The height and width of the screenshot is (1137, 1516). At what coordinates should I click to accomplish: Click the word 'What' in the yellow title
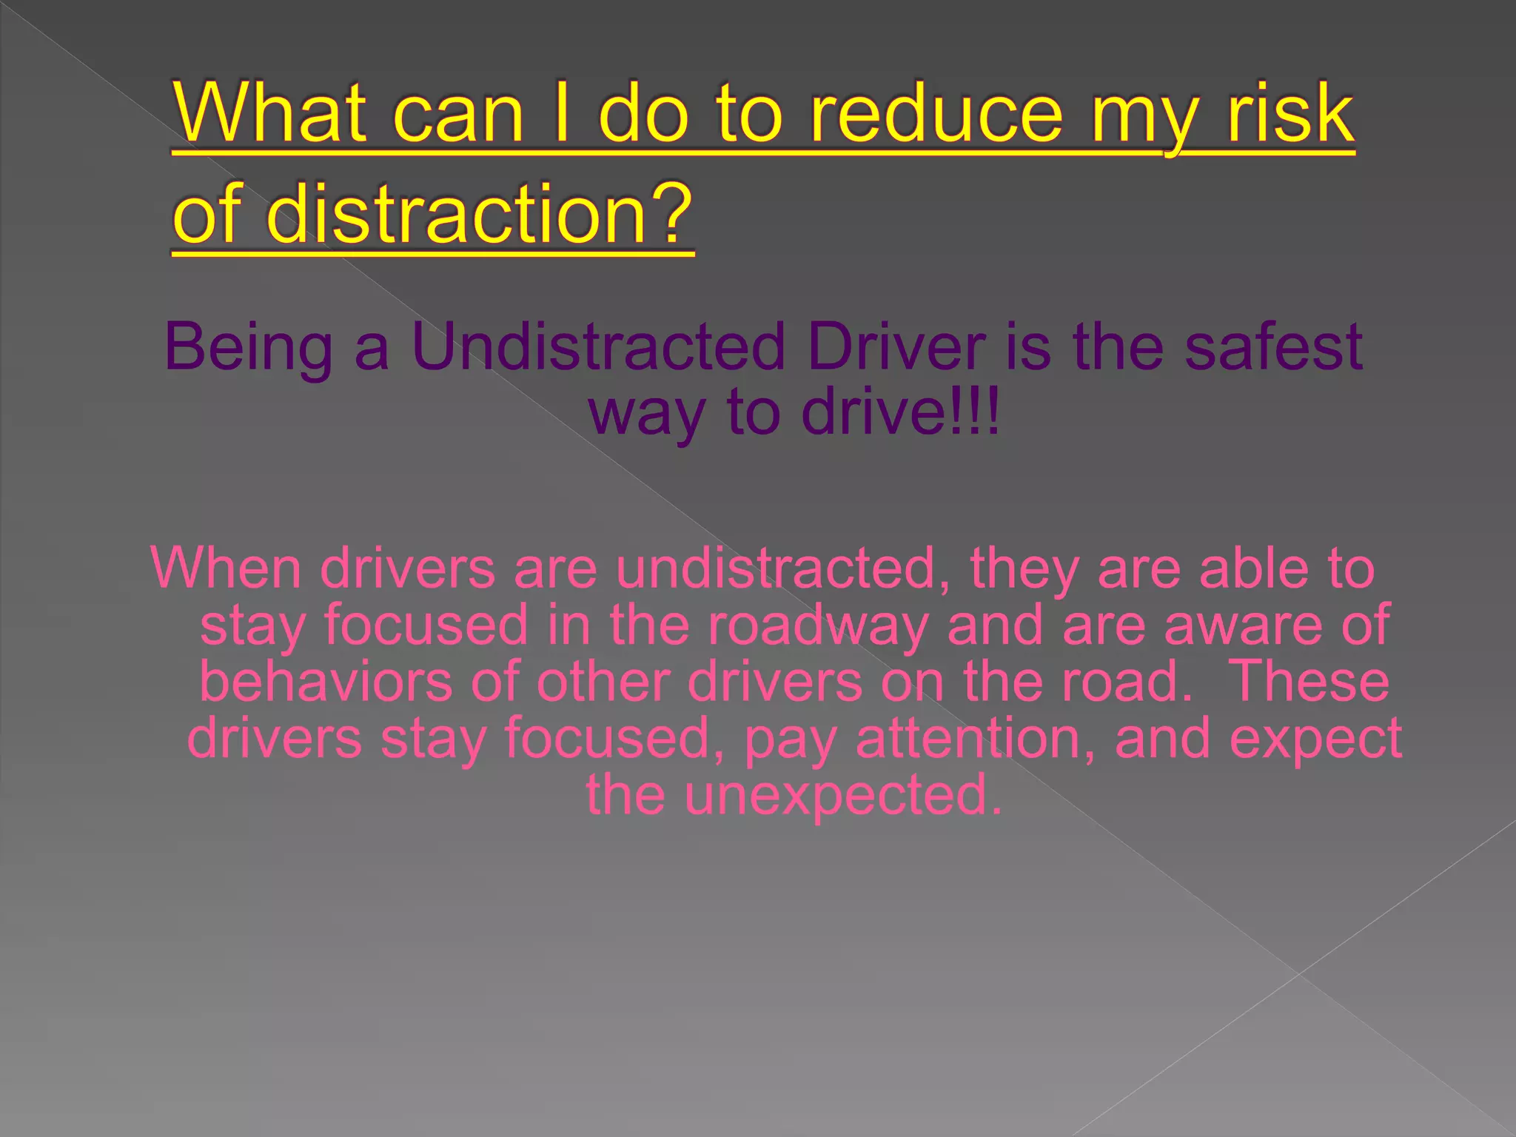(x=270, y=113)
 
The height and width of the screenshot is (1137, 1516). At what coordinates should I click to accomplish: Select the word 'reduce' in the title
(x=936, y=113)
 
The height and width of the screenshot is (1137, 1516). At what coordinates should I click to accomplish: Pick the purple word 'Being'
(x=248, y=346)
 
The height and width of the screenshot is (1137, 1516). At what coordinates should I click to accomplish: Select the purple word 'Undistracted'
(x=598, y=346)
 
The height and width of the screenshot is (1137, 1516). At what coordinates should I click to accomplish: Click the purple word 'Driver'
(x=896, y=346)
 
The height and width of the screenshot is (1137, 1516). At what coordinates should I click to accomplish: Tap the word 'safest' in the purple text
(x=1273, y=346)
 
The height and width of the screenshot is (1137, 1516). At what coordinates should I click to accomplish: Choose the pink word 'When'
(x=226, y=568)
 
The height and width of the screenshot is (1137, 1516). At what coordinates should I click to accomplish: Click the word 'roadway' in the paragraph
(x=817, y=625)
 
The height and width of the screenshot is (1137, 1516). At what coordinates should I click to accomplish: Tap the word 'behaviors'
(x=326, y=681)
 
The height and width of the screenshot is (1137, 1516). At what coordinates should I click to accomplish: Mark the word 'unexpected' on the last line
(x=843, y=794)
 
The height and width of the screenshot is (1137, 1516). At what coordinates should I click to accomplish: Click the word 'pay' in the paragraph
(x=790, y=739)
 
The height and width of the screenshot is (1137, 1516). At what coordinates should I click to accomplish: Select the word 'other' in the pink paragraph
(x=603, y=681)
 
